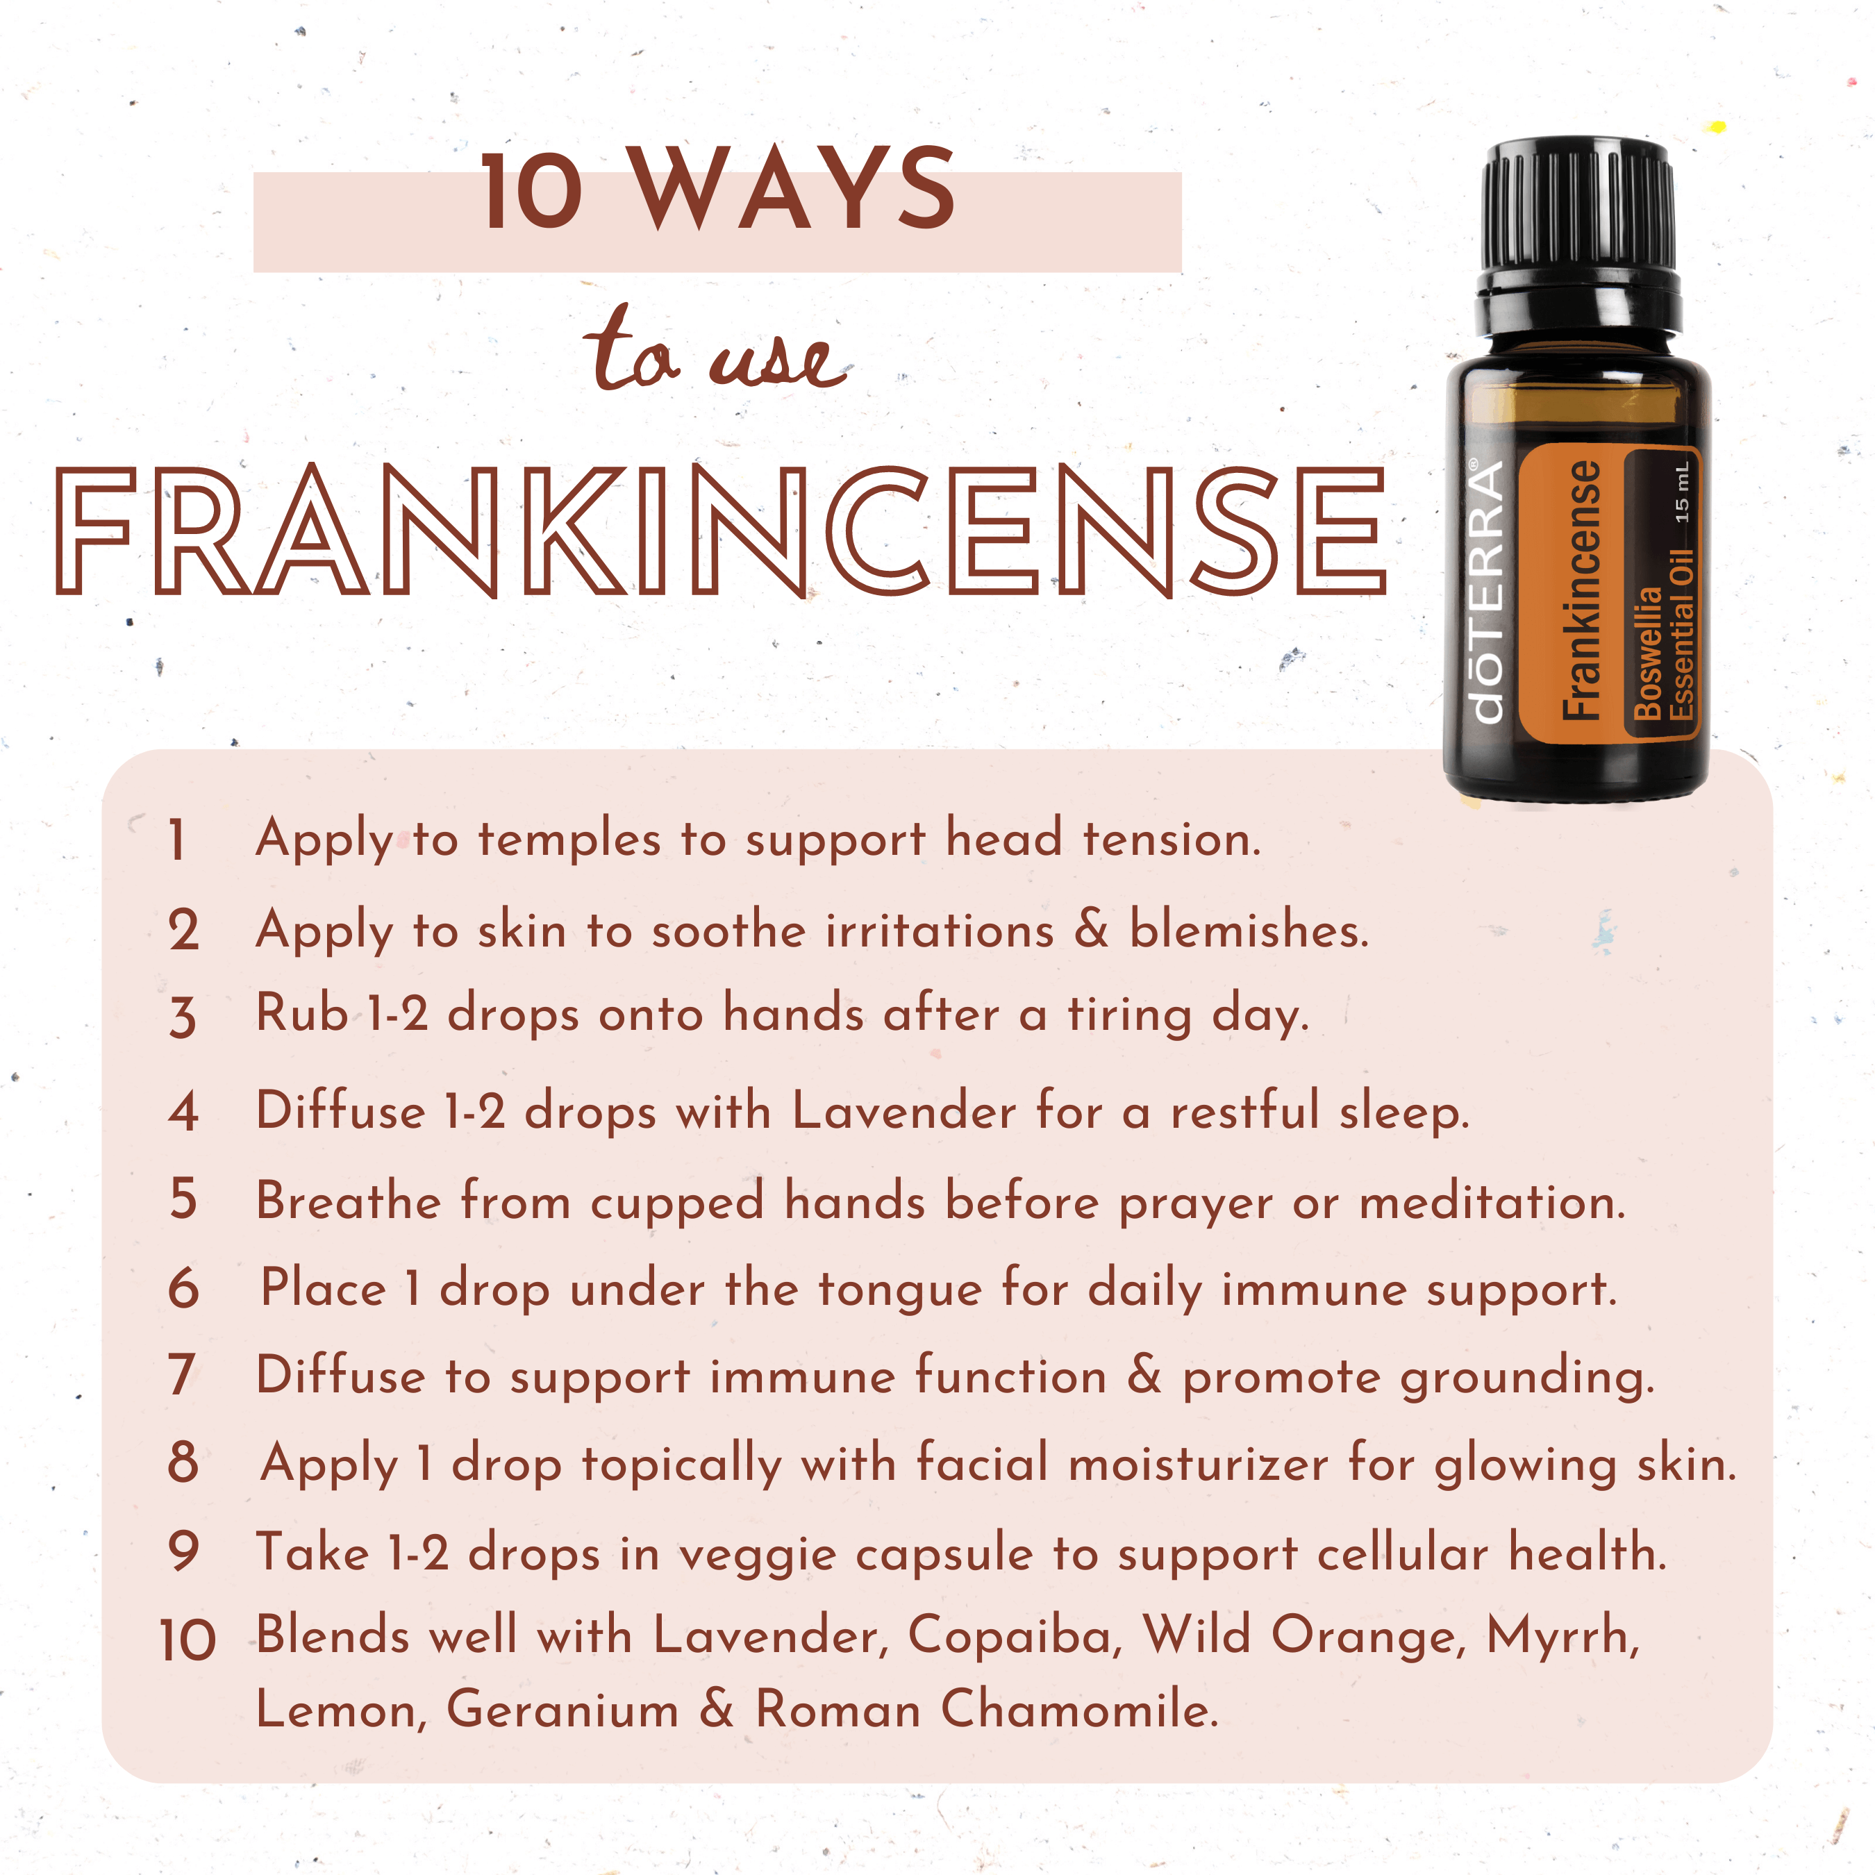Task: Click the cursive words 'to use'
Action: tap(716, 351)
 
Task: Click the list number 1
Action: tap(176, 840)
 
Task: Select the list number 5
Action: tap(183, 1201)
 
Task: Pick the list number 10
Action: tap(187, 1640)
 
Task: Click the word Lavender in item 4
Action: tap(904, 1110)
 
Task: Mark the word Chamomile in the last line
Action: tap(1079, 1710)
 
